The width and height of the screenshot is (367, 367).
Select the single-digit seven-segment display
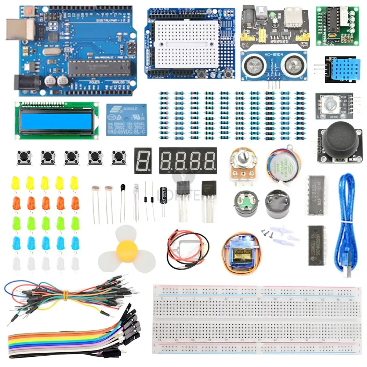[143, 161]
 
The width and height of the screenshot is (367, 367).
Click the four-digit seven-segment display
[188, 161]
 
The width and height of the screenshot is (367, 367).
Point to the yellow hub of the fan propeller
[127, 250]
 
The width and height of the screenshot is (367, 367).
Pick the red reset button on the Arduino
[28, 12]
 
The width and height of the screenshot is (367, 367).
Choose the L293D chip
[316, 195]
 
